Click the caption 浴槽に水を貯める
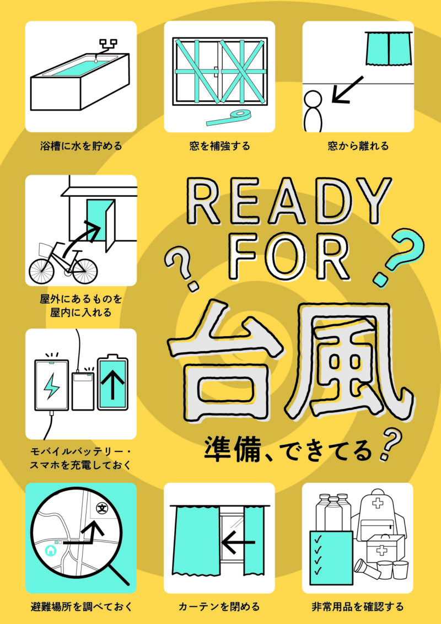81,146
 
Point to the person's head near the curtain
313,99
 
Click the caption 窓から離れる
358,146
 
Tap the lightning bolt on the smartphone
51,386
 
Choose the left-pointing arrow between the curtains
238,542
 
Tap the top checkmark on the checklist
318,540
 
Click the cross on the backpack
377,503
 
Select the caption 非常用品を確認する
357,606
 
